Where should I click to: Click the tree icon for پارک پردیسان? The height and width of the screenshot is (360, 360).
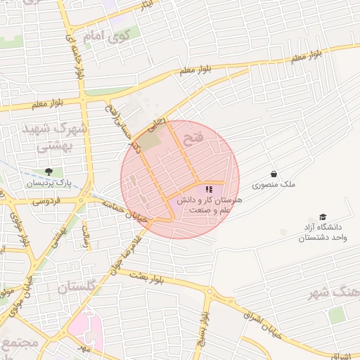pyautogui.click(x=49, y=172)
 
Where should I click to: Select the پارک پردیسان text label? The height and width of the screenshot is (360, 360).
pyautogui.click(x=50, y=183)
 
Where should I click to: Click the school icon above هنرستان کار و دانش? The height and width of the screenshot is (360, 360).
pyautogui.click(x=208, y=189)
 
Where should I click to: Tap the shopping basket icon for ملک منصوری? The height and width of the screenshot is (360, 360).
pyautogui.click(x=273, y=174)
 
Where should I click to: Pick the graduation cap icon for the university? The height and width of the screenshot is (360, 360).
pyautogui.click(x=323, y=217)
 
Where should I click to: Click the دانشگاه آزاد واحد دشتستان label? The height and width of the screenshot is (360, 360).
pyautogui.click(x=323, y=233)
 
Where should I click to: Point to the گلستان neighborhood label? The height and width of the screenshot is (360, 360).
pyautogui.click(x=80, y=288)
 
